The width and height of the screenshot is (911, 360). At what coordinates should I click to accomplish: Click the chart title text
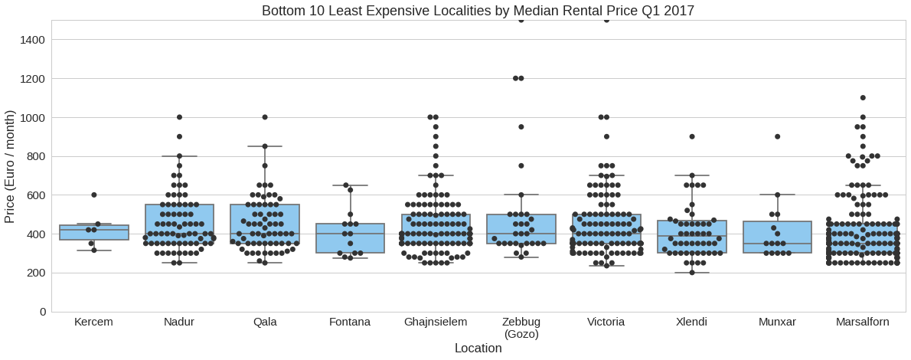pyautogui.click(x=478, y=11)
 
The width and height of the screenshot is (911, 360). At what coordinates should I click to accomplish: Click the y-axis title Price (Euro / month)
pyautogui.click(x=10, y=165)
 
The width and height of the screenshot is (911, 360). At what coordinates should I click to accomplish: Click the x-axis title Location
pyautogui.click(x=478, y=349)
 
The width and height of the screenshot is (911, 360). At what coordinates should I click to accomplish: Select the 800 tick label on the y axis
pyautogui.click(x=33, y=156)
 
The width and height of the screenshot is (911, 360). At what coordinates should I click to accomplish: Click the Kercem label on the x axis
pyautogui.click(x=93, y=322)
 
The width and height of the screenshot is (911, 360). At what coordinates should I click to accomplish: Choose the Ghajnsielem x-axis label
pyautogui.click(x=436, y=322)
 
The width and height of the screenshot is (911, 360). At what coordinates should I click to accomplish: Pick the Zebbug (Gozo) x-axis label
pyautogui.click(x=521, y=328)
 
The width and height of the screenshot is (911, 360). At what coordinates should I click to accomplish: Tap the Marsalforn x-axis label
pyautogui.click(x=863, y=322)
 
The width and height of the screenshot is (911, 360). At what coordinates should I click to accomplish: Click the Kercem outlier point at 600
pyautogui.click(x=94, y=195)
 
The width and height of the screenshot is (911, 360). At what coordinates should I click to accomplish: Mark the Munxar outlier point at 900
pyautogui.click(x=777, y=136)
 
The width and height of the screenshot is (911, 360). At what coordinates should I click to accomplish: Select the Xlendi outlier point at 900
pyautogui.click(x=692, y=136)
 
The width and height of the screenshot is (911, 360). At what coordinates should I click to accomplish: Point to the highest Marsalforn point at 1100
pyautogui.click(x=863, y=98)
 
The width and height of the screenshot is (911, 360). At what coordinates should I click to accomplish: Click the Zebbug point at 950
pyautogui.click(x=521, y=127)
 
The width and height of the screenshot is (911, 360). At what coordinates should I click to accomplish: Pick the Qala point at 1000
pyautogui.click(x=265, y=117)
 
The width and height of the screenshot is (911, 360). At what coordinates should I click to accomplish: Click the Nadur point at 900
pyautogui.click(x=179, y=136)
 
